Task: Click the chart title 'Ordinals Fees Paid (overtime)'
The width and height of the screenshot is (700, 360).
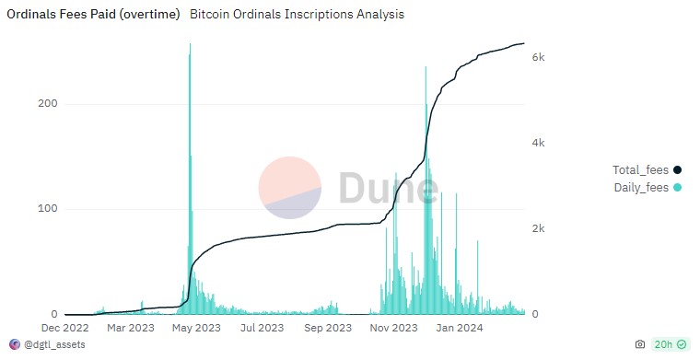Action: tap(93, 16)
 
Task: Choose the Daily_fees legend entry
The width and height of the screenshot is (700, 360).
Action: tap(647, 188)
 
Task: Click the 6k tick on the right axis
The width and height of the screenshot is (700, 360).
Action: tap(540, 57)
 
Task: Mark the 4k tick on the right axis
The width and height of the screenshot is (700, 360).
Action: tap(540, 143)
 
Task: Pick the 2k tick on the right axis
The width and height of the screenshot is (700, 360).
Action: tap(540, 228)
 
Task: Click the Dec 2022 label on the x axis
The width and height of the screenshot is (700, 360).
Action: tap(64, 328)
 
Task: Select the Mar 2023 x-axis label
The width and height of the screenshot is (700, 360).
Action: tap(131, 328)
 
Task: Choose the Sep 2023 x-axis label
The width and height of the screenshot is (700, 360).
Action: tap(328, 328)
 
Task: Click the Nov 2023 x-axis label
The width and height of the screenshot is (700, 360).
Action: tap(394, 328)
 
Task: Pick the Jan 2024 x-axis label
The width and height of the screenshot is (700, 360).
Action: tap(460, 328)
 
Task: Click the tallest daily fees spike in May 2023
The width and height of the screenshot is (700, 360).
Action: tap(190, 46)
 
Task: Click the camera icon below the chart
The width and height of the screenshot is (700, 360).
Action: tap(640, 344)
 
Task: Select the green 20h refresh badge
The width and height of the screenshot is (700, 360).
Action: tap(670, 344)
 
